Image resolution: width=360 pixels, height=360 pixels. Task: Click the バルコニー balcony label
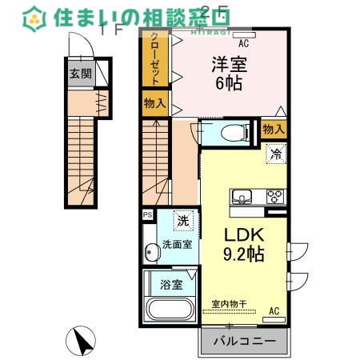pyautogui.click(x=245, y=342)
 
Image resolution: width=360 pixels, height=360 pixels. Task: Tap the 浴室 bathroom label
pyautogui.click(x=170, y=285)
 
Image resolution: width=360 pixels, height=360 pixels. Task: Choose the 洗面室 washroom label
pyautogui.click(x=176, y=245)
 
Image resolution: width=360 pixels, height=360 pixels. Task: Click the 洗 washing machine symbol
pyautogui.click(x=183, y=220)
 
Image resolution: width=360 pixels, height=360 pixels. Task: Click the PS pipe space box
pyautogui.click(x=147, y=214)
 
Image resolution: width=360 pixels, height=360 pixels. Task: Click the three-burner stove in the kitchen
pyautogui.click(x=274, y=196)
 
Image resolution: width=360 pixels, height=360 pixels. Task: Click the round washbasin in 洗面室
pyautogui.click(x=152, y=254)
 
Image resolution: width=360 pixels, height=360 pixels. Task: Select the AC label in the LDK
pyautogui.click(x=274, y=310)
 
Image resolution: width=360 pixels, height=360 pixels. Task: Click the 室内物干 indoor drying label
pyautogui.click(x=227, y=304)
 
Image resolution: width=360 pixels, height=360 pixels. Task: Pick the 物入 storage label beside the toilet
pyautogui.click(x=274, y=128)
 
